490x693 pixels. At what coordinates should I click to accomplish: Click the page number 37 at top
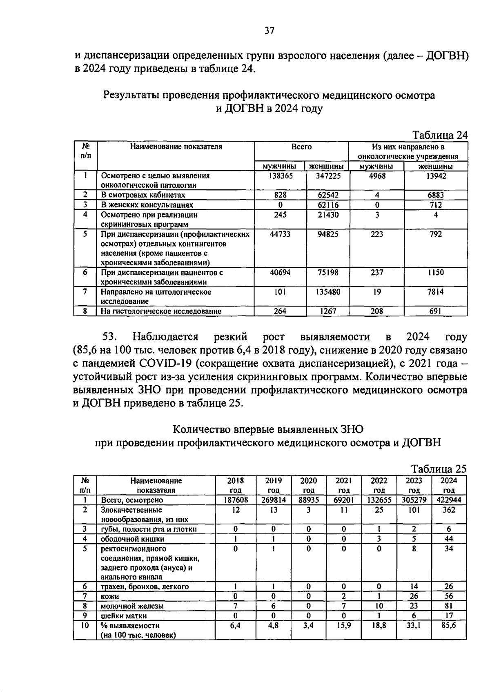click(269, 31)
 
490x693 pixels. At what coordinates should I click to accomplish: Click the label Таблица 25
click(438, 469)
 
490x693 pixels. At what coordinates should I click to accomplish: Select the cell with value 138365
click(280, 176)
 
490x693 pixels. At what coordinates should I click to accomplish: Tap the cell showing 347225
click(328, 176)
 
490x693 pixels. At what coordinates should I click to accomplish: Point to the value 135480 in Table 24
click(328, 292)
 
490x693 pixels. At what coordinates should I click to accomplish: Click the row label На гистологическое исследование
click(161, 311)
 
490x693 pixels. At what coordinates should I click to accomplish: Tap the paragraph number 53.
click(110, 337)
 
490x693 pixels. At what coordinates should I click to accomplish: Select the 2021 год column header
click(344, 485)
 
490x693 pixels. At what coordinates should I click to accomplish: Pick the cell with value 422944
click(448, 500)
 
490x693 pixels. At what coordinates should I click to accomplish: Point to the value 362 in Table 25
click(448, 510)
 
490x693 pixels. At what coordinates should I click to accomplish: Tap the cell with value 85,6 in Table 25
click(448, 625)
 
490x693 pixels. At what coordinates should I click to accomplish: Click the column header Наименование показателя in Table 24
click(176, 147)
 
